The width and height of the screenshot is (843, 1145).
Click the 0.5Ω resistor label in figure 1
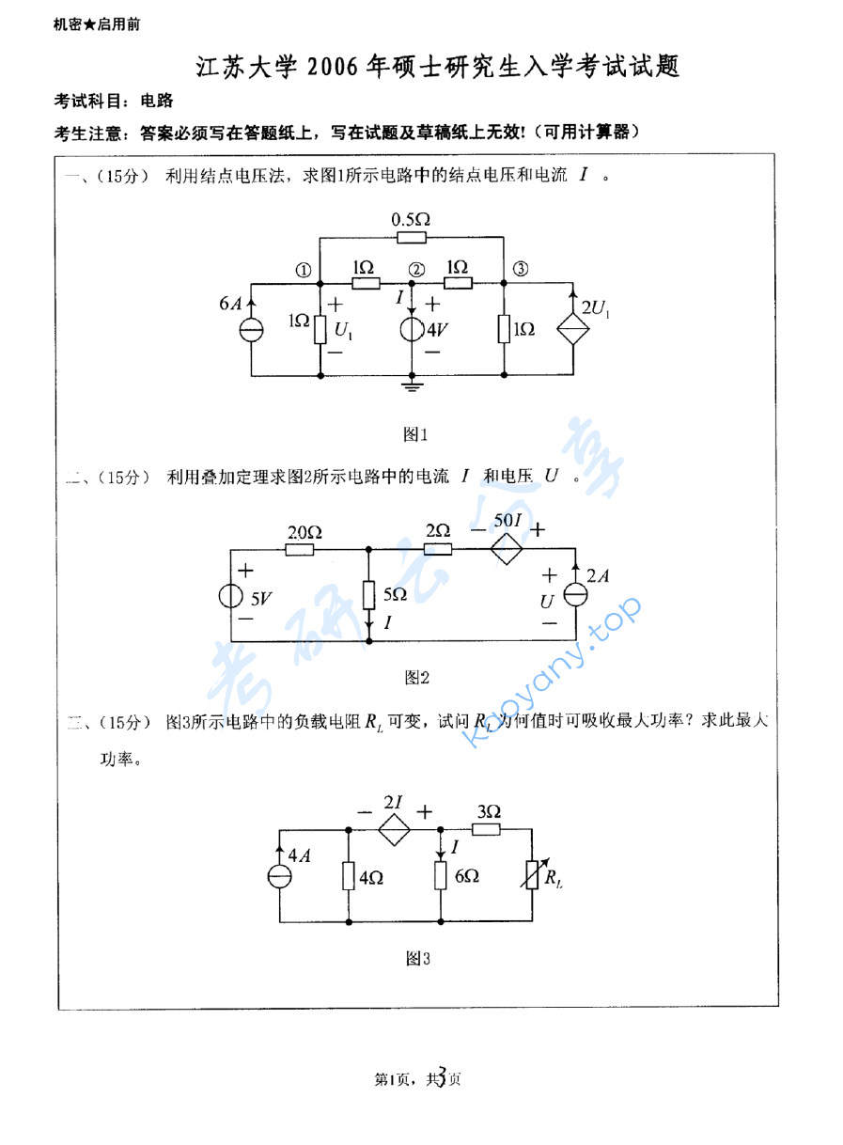tap(411, 219)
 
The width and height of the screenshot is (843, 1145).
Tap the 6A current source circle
tap(251, 330)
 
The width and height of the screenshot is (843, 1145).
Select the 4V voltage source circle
tap(413, 331)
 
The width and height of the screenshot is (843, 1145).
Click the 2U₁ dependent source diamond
tap(573, 330)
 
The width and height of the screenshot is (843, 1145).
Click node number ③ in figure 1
tap(521, 269)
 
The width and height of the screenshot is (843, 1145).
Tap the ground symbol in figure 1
tap(413, 384)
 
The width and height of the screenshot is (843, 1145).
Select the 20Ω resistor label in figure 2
tap(304, 532)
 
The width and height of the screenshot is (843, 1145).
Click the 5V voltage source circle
tap(231, 596)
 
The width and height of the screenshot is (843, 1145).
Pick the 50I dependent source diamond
tap(507, 550)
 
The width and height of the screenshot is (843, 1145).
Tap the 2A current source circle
tap(574, 596)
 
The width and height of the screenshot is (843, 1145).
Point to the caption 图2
tap(416, 677)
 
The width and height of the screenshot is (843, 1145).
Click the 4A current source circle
tap(279, 876)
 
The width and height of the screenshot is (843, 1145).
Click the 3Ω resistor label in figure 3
tap(488, 810)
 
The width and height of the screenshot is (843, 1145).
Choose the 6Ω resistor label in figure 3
tap(465, 876)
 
